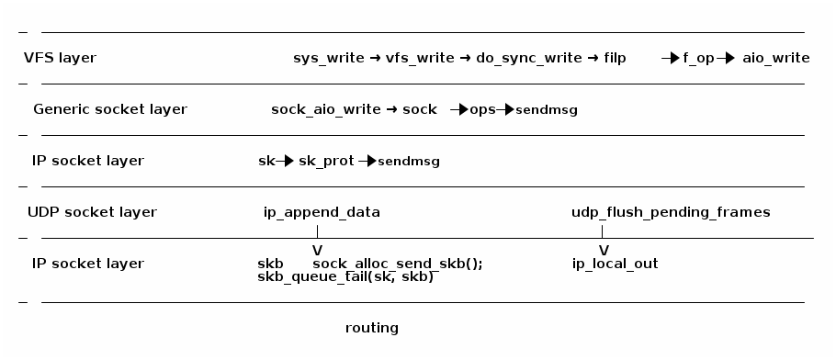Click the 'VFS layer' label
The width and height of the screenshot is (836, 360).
pos(60,58)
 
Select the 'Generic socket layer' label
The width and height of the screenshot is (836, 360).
pos(110,109)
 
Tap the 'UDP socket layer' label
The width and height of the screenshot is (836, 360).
pos(92,212)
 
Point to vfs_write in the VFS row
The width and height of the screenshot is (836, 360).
pos(420,58)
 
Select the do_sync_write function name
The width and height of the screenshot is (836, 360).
pos(528,58)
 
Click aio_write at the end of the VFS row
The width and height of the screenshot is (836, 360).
pos(776,58)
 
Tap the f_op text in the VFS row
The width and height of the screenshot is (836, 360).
pos(698,58)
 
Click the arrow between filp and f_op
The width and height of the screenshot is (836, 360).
pos(670,58)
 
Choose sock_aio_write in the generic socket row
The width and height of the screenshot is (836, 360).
pos(325,109)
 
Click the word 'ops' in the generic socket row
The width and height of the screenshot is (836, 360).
pos(482,109)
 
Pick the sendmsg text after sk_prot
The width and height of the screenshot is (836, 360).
pos(409,162)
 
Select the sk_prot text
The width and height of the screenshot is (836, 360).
pos(326,161)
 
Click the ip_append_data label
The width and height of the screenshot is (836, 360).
pos(322,212)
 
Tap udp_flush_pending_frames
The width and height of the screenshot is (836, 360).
pos(671,212)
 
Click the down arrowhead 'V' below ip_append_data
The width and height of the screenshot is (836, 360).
pos(317,250)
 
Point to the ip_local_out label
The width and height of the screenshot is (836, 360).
pos(615,264)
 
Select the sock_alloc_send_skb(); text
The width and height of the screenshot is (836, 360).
pos(397,264)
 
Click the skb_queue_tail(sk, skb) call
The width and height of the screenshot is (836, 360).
pos(345,276)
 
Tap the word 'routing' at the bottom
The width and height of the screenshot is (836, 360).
pos(372,328)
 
